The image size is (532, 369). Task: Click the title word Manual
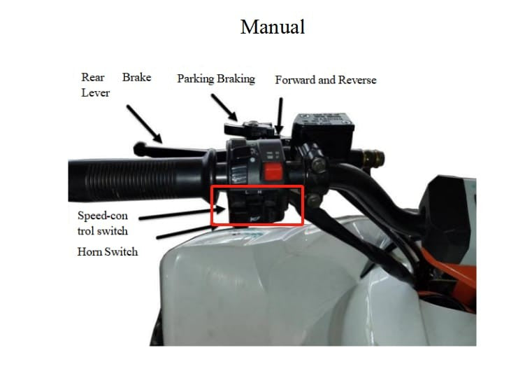273,27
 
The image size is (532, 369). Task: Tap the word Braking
236,79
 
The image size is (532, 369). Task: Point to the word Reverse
357,80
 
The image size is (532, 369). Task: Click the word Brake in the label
137,77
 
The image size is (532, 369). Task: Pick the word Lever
95,92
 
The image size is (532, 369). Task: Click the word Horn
89,252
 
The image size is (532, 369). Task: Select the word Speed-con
103,216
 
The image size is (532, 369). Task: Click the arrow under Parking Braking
224,107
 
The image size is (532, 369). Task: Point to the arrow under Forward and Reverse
280,116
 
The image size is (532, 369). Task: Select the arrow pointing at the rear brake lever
145,124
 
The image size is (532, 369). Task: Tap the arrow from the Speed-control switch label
182,213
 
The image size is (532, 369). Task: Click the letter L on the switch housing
247,193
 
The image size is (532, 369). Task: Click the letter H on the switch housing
260,193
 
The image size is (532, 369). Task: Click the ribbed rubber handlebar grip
136,179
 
